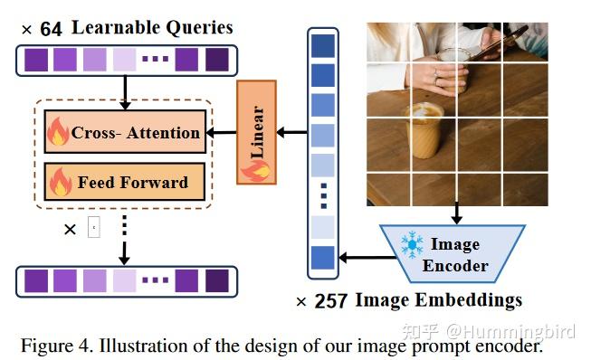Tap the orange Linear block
256,132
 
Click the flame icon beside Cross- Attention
59,134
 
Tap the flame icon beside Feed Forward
60,182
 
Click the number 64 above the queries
51,29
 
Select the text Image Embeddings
438,299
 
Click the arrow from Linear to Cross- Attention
221,133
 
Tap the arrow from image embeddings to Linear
291,133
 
